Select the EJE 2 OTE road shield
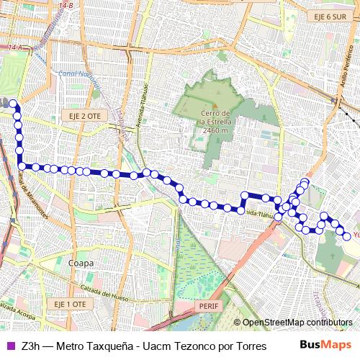tap(86, 114)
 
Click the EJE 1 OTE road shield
tap(70, 305)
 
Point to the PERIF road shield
tap(205, 305)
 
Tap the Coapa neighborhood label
tap(80, 264)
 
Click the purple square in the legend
tap(9, 346)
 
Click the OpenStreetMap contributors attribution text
tap(297, 323)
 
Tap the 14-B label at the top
tap(66, 6)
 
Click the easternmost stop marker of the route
tap(346, 236)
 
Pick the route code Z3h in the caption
tap(30, 346)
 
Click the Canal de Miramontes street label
tap(33, 197)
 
